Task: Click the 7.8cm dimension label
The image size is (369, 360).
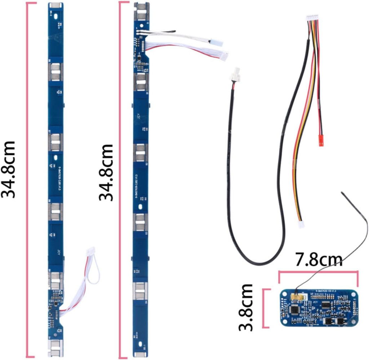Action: point(319,260)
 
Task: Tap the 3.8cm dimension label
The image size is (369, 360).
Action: point(247,308)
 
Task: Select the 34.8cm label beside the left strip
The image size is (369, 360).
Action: point(9,169)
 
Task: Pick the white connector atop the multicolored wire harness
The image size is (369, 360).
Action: point(312,18)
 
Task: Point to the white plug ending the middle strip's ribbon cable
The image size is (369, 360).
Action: point(224,56)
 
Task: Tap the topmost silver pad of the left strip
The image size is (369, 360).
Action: point(55,5)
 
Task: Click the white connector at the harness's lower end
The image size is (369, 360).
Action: point(301,225)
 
